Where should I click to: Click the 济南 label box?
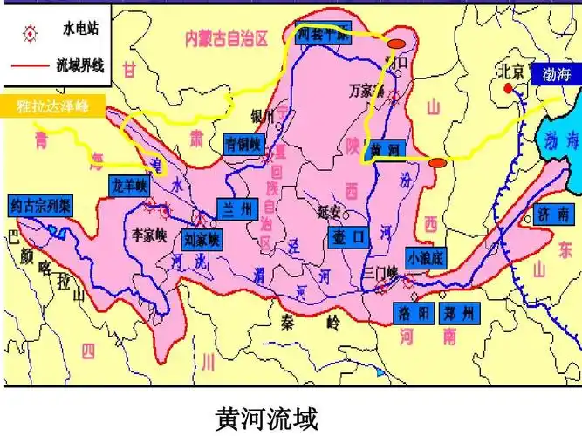(555, 214)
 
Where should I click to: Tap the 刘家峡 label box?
(202, 238)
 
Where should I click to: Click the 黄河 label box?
(386, 149)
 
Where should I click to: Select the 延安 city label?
(328, 210)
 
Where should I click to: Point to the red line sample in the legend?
(29, 65)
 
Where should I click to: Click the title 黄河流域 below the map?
(266, 416)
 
